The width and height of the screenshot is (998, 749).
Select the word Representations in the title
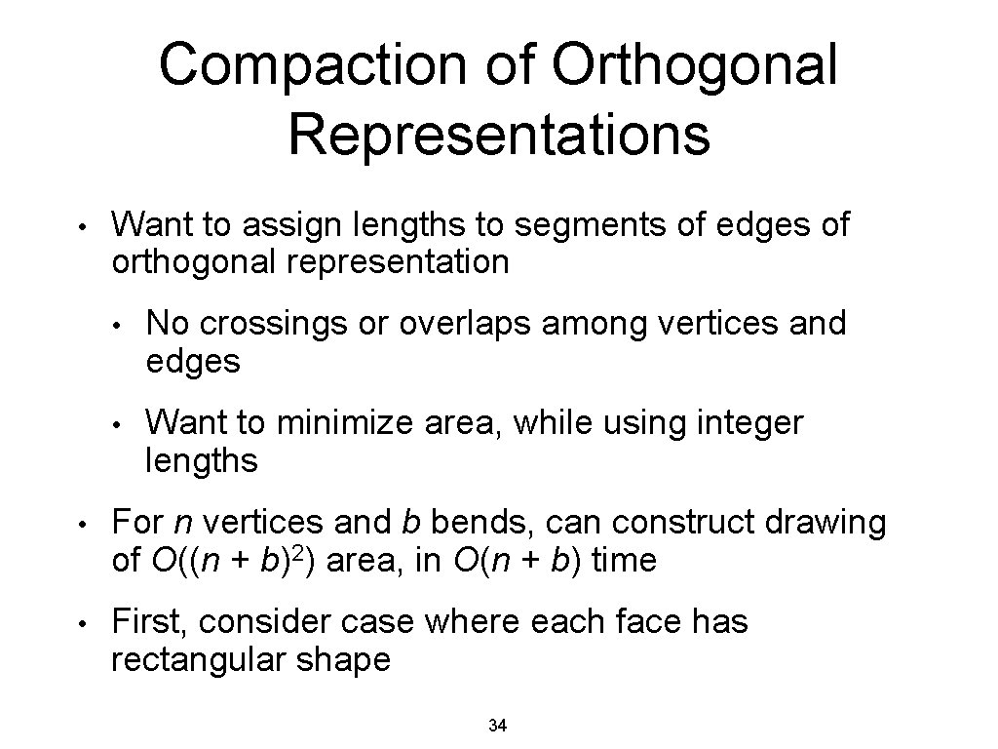click(499, 135)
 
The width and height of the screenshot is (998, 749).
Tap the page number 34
click(498, 726)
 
